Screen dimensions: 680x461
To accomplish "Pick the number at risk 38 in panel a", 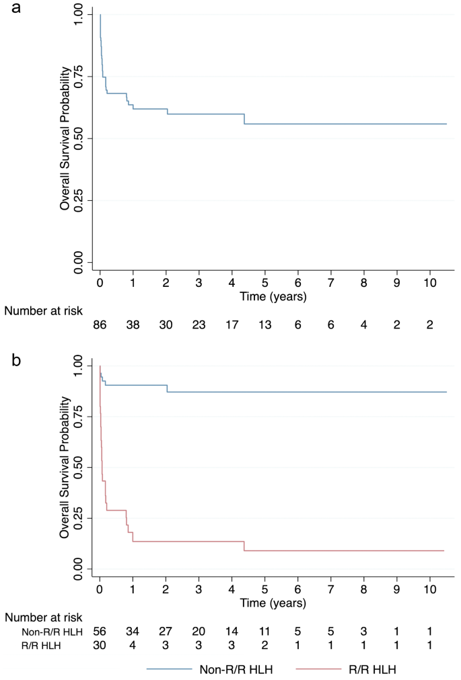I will [133, 325].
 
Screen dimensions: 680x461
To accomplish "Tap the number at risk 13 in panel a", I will [265, 325].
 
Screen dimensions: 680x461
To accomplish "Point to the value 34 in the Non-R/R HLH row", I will [133, 632].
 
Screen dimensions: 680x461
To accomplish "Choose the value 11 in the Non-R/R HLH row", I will [265, 632].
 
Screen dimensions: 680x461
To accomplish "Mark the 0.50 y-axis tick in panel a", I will [79, 138].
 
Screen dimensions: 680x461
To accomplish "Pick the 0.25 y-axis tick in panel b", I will [79, 519].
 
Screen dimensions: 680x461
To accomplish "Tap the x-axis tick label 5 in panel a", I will [265, 281].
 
